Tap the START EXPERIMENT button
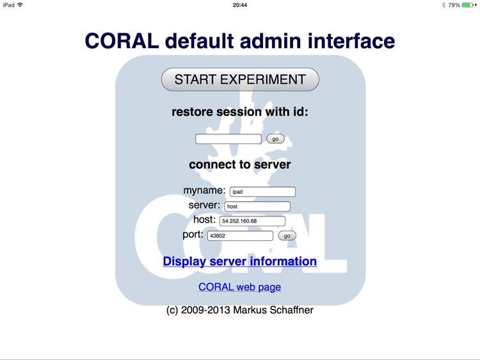pos(240,80)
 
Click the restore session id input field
pos(228,139)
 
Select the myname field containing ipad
pos(262,192)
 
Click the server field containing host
pos(257,207)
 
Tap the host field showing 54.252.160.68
pos(252,221)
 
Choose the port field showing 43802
pos(240,236)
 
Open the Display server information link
pos(240,261)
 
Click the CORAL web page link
pos(240,287)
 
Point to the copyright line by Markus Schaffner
pos(240,310)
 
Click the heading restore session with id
pos(240,112)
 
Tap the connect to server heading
pos(240,164)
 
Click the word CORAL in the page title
pos(122,41)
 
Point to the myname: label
pos(204,191)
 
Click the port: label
pos(193,235)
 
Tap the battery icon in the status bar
pos(467,5)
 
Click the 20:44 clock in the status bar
pos(240,5)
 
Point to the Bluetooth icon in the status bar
pos(442,5)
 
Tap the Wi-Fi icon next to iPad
pos(20,5)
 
